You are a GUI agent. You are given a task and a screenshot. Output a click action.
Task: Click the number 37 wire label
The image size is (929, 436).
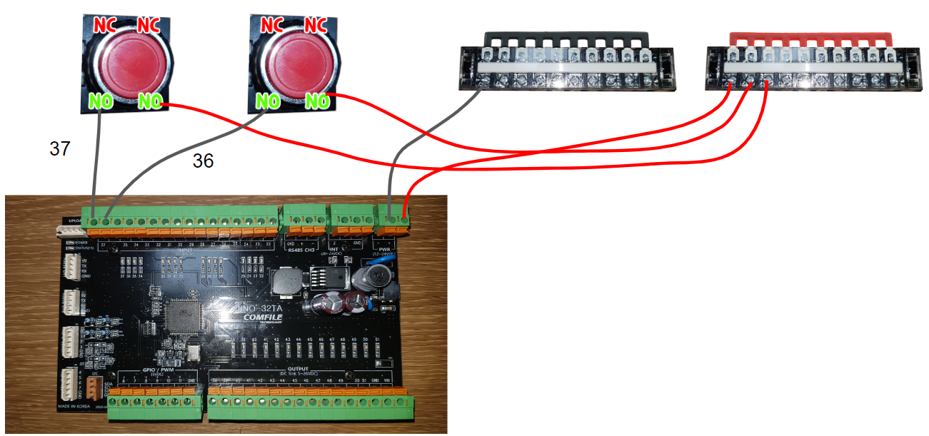click(60, 148)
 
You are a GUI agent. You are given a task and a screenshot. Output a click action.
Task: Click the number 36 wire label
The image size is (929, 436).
click(203, 162)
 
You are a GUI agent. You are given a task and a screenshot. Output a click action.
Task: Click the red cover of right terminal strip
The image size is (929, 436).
click(810, 36)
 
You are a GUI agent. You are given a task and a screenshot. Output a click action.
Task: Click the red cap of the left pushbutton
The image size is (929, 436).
click(126, 63)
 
